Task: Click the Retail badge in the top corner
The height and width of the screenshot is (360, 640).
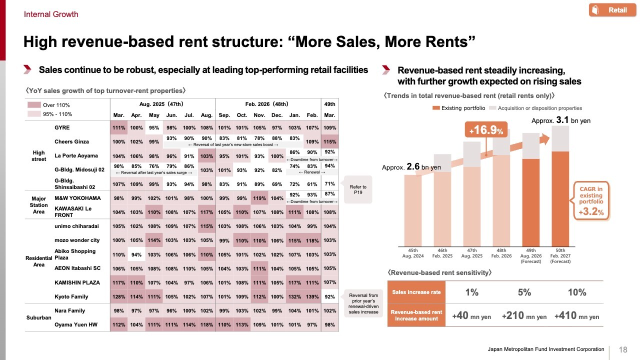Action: tap(612, 10)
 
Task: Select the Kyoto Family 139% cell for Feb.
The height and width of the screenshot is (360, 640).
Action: tap(312, 296)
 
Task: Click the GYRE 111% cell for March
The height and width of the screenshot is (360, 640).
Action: tap(118, 127)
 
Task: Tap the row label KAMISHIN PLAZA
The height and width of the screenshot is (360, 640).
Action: tap(77, 282)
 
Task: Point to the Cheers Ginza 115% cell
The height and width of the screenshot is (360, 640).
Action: tap(329, 141)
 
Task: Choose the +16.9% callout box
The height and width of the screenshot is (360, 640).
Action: tap(486, 130)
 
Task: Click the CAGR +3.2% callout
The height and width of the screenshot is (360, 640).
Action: tap(591, 200)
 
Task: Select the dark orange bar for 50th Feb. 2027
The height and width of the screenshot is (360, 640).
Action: tap(560, 199)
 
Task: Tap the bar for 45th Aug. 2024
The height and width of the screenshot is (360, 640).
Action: tap(412, 210)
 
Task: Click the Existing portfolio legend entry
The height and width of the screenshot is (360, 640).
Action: tap(458, 108)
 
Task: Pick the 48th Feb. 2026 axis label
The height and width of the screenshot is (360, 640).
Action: tap(501, 253)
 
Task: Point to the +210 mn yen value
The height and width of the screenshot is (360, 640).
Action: tap(524, 315)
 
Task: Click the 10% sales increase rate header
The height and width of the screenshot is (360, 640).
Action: tap(577, 292)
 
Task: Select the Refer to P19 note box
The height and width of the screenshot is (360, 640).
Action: tap(357, 189)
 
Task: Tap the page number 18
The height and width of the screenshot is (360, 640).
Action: tap(623, 349)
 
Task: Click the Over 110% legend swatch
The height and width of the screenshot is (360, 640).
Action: tap(34, 105)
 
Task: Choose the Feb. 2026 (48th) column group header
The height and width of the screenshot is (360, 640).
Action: tap(266, 104)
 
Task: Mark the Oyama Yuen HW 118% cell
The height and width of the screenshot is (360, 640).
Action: tap(206, 324)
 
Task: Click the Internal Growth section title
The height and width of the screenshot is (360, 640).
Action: tap(51, 14)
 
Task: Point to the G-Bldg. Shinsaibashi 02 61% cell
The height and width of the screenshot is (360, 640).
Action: tap(312, 184)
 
